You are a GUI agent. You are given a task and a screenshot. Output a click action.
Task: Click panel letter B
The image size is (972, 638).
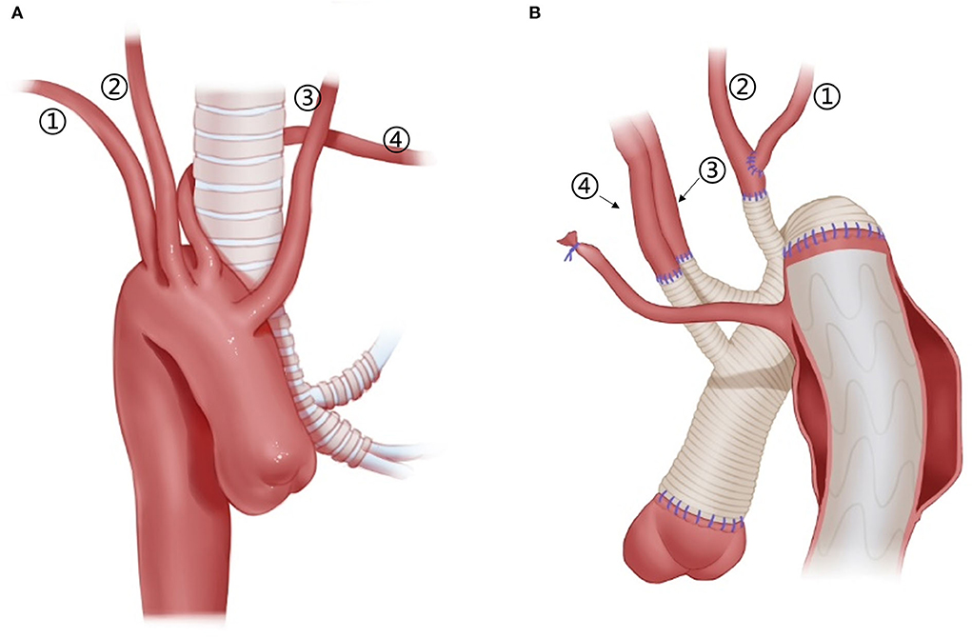[x=534, y=12]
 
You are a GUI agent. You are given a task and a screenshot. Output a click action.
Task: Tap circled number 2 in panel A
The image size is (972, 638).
[x=114, y=88]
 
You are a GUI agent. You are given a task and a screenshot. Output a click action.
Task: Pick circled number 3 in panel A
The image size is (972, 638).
[x=307, y=96]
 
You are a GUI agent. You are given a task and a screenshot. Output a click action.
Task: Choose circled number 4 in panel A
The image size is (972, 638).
[x=396, y=140]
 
